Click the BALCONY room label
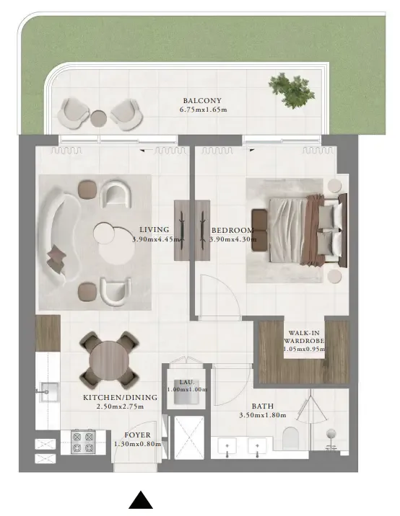point(202,101)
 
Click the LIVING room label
point(155,230)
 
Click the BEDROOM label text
point(232,230)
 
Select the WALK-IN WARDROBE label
point(304,337)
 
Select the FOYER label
point(137,435)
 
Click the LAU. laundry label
point(187,381)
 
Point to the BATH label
point(262,406)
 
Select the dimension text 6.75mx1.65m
point(204,110)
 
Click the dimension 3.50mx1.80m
point(263,415)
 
